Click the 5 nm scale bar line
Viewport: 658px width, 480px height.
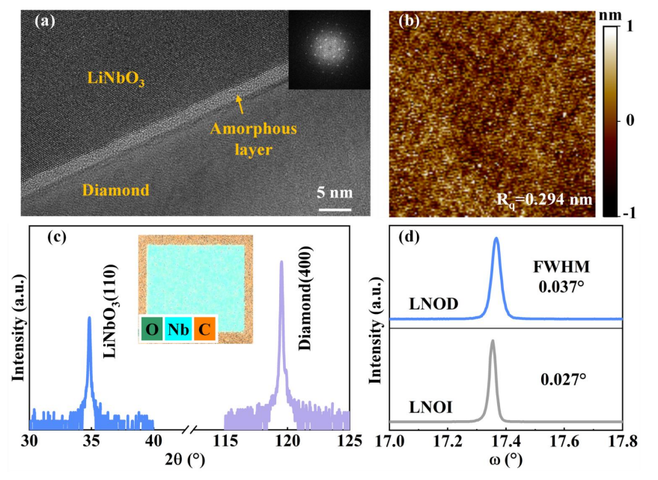(335, 209)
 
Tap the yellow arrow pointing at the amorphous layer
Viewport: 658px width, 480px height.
(240, 105)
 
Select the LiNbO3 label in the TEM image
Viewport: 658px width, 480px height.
(116, 79)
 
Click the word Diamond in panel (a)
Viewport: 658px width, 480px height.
(116, 191)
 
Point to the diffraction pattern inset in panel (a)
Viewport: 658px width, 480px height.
(329, 49)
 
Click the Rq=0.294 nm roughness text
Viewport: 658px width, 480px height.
(544, 200)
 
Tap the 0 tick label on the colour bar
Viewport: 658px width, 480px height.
(630, 120)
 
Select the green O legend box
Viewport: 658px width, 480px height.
(151, 329)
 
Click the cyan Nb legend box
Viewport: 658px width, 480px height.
(178, 329)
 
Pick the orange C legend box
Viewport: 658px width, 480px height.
(204, 329)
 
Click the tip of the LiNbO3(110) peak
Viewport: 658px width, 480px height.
(89, 317)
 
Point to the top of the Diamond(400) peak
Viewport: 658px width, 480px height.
(281, 262)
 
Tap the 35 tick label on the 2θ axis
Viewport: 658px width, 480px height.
(91, 441)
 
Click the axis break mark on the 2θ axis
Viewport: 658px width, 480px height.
(191, 430)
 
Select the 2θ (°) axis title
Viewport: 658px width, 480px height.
(185, 461)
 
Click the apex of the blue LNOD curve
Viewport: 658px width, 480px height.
(497, 238)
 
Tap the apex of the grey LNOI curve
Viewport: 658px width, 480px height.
(493, 340)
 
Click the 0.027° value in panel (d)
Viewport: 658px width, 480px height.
(563, 380)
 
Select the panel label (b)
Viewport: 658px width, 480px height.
(409, 20)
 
